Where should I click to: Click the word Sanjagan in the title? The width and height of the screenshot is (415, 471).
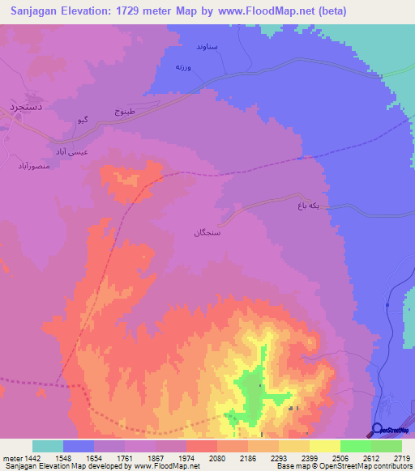(x=39, y=11)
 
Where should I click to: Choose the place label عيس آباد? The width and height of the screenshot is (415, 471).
(x=71, y=151)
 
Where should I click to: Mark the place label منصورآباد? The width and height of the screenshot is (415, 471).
(x=35, y=166)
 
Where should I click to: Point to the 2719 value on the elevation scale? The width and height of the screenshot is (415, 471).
(x=402, y=457)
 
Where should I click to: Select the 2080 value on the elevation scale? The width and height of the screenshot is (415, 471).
(x=217, y=457)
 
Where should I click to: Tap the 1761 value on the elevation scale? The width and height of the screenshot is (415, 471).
(x=126, y=457)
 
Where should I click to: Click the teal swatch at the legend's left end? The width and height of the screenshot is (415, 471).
(x=48, y=446)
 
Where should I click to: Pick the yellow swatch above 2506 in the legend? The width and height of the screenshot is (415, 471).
(x=324, y=446)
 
